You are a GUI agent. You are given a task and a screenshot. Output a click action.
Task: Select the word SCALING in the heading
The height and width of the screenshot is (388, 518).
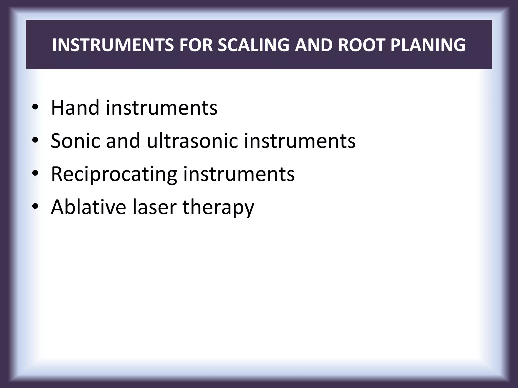(253, 45)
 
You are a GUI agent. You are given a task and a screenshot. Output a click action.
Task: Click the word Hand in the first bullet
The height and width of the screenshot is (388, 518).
(75, 108)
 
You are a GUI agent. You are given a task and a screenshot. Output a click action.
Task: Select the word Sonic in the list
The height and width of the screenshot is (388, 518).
(75, 140)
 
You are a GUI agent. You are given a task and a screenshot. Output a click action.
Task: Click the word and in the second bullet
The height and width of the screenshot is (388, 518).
(123, 140)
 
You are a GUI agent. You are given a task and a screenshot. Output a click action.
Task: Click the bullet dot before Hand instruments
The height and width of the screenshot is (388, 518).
(35, 108)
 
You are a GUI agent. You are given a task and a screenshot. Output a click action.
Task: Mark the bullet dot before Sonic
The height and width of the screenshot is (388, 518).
(35, 141)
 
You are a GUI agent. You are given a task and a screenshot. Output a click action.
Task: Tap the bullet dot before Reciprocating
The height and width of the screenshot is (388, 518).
(35, 174)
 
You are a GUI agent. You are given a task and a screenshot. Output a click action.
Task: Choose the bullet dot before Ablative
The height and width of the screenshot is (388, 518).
(35, 207)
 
